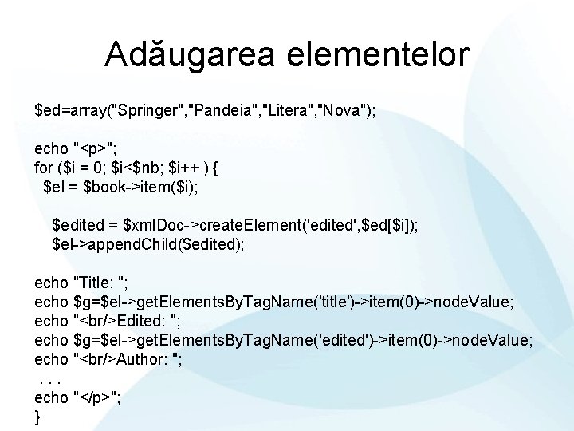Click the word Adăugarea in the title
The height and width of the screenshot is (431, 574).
pos(175,54)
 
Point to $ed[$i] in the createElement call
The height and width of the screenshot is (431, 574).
pos(388,227)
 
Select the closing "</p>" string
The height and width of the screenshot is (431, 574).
pos(96,397)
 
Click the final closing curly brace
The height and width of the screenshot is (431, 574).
pos(37,417)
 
